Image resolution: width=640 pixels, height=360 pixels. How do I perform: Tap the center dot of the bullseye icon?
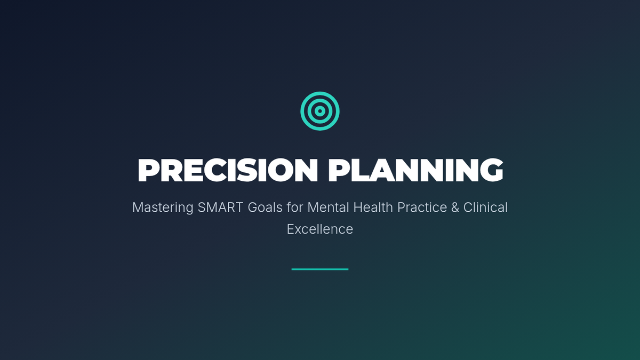(319, 111)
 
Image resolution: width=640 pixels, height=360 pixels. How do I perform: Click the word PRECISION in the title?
(228, 170)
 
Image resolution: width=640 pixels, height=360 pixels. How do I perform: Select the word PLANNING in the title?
(415, 170)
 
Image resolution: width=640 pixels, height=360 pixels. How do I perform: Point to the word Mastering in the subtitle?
(163, 207)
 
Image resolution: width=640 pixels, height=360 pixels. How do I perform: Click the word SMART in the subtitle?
(220, 207)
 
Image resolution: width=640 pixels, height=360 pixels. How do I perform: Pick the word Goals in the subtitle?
(265, 207)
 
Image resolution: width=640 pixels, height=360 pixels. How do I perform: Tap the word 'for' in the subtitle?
(295, 207)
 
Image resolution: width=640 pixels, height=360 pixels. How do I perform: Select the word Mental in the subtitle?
(328, 207)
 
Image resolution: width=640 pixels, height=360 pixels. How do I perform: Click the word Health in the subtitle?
(373, 207)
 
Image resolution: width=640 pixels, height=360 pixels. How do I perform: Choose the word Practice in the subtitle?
(422, 207)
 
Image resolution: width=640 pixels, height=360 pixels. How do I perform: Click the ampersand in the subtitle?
(455, 207)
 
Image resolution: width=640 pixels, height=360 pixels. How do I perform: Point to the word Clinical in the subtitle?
(485, 207)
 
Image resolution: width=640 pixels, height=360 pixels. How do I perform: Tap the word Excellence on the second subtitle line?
(320, 229)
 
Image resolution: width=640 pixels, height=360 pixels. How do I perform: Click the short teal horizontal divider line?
(320, 269)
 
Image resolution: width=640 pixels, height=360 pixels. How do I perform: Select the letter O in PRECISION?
(281, 170)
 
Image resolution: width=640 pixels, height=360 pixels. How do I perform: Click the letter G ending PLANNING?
(491, 170)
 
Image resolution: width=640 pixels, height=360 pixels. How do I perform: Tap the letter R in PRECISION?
(171, 170)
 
